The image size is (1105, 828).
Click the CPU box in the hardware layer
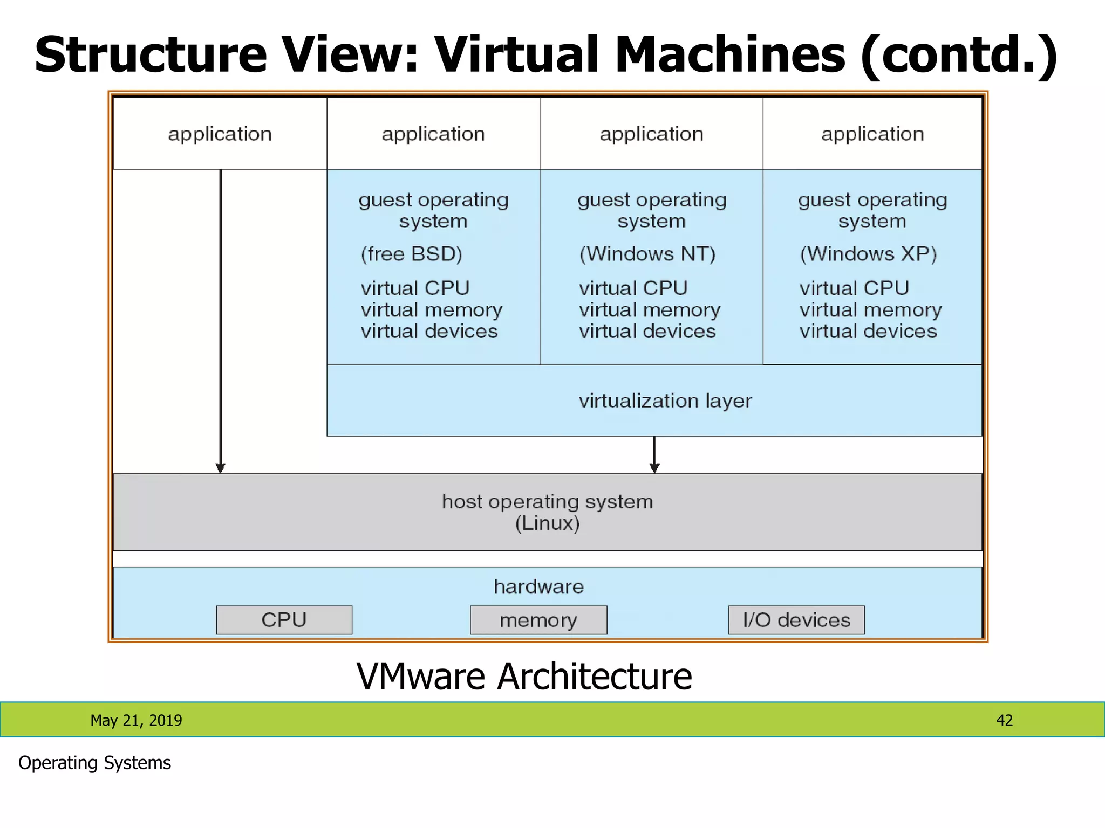click(284, 620)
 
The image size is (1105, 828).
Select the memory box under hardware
click(538, 620)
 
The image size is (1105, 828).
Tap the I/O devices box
click(796, 620)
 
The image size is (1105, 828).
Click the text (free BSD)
click(411, 254)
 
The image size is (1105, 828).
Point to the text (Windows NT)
click(647, 254)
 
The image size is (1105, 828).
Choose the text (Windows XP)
click(868, 254)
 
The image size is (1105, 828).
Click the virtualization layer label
click(665, 401)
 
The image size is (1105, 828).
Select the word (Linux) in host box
click(547, 523)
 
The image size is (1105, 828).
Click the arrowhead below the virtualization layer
click(654, 467)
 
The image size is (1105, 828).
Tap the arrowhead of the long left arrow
click(220, 467)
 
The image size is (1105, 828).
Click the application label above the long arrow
click(220, 134)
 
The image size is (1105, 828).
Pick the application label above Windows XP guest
click(872, 134)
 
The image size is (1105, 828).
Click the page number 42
click(1004, 720)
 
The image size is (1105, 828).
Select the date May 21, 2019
click(136, 720)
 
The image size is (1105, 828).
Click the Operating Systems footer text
click(94, 763)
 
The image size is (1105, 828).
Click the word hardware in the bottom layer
click(538, 586)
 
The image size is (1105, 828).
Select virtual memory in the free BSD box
click(431, 310)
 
